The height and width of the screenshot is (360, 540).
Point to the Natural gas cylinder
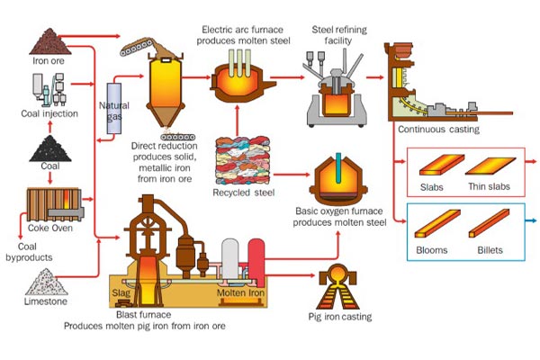coord(113,109)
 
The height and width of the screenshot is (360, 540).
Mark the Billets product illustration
coord(490,225)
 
